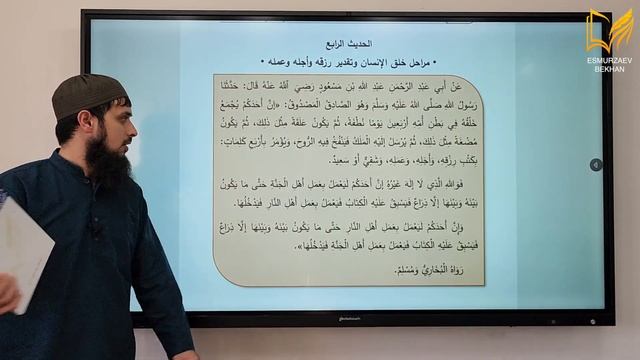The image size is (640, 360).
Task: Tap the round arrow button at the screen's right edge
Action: (x=596, y=165)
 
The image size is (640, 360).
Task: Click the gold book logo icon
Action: (x=610, y=31)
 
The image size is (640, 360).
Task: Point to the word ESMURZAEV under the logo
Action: (x=610, y=61)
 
